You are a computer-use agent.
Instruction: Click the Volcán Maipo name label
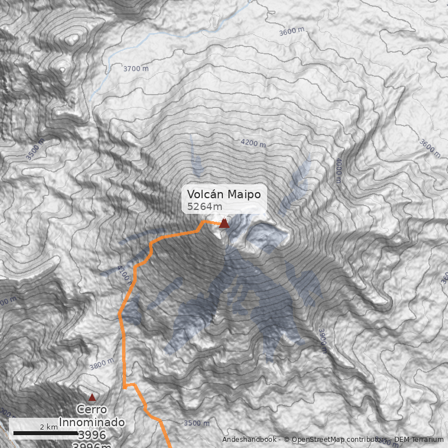tap(224, 194)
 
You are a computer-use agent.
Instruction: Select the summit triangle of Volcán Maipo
tap(224, 223)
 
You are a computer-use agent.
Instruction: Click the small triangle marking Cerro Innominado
tap(92, 397)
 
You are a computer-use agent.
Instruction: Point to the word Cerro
tap(92, 409)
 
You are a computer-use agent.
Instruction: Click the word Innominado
tap(92, 422)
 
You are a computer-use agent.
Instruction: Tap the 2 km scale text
tap(49, 427)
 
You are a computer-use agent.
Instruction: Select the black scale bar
tap(45, 433)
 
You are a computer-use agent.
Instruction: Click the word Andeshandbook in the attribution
tap(249, 440)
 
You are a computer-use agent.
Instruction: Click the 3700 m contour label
tap(136, 69)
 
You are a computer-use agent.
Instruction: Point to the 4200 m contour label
tap(253, 143)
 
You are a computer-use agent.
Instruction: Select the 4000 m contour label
tap(338, 170)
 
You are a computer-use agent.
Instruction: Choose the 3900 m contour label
tap(322, 340)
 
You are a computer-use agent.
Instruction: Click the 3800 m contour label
tap(101, 364)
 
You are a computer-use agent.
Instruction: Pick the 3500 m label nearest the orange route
tap(197, 423)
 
